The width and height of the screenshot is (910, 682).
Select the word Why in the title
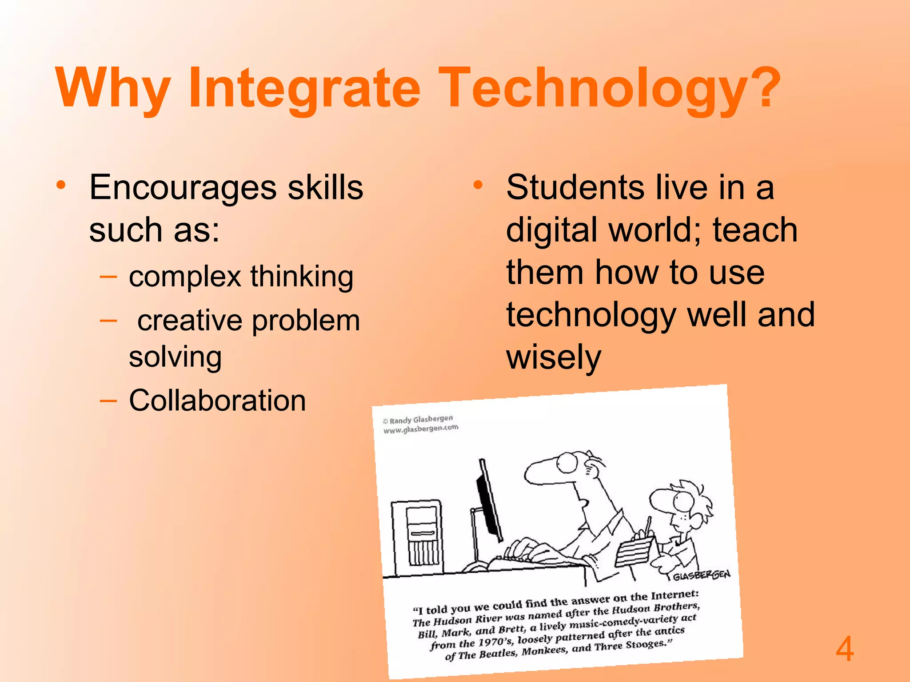(x=113, y=89)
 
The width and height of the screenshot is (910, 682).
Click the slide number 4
(x=844, y=649)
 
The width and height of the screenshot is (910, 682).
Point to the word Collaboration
(x=217, y=400)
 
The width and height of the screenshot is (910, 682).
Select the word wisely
(x=554, y=358)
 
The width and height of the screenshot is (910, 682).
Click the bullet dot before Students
(x=478, y=185)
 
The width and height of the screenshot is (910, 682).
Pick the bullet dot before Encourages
(x=61, y=185)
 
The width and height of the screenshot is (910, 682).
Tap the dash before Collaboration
(x=108, y=401)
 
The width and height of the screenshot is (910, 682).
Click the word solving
(x=175, y=357)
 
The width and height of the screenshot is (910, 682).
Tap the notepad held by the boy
(x=635, y=551)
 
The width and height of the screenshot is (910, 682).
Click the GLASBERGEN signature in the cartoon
(x=701, y=575)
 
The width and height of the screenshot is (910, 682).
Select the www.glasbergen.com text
(x=421, y=429)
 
